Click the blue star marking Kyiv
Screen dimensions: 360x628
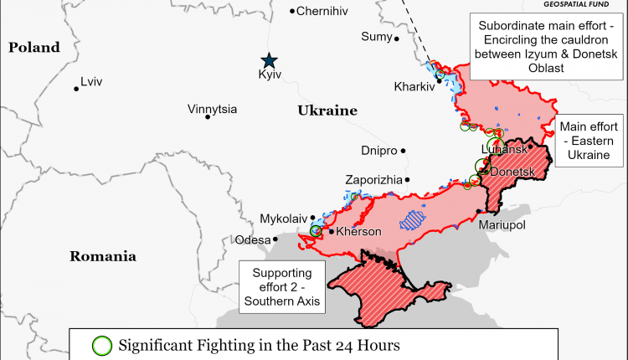coord(269,59)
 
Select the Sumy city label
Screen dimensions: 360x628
coord(375,37)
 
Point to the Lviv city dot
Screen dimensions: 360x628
coord(76,88)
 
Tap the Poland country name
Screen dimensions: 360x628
coord(34,48)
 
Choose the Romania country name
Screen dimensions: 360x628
coord(102,256)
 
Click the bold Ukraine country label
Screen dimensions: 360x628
coord(327,111)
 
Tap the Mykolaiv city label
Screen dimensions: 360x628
coord(284,218)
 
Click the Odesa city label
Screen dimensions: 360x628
coord(253,239)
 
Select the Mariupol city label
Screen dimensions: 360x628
coord(502,226)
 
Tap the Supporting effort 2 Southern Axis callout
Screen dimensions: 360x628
coord(283,287)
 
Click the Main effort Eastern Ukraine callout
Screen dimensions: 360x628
coord(589,140)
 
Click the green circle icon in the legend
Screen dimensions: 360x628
coord(101,345)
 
